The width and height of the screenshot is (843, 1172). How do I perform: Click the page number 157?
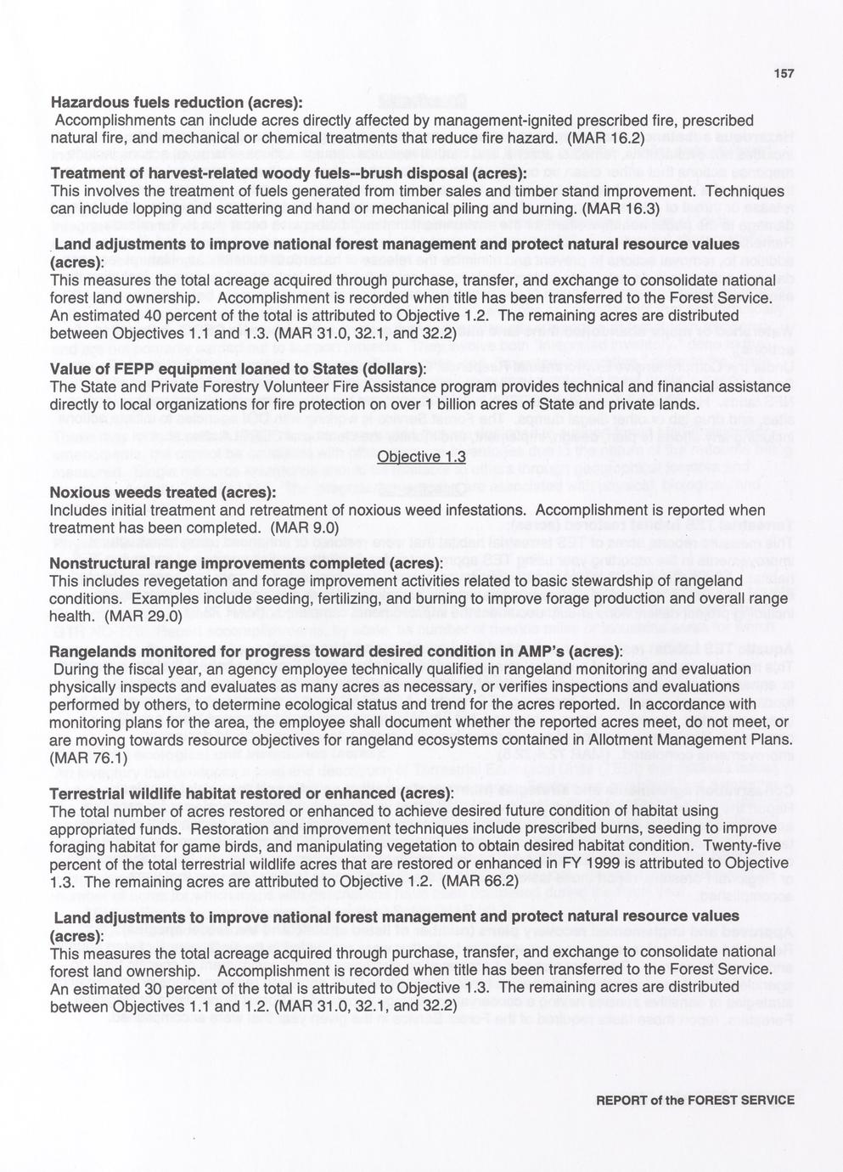(x=784, y=74)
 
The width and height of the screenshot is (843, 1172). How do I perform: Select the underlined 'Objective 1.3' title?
(x=421, y=457)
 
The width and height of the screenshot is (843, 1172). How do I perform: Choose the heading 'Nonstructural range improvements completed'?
(x=246, y=563)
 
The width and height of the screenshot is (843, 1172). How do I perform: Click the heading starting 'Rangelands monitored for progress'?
(x=336, y=651)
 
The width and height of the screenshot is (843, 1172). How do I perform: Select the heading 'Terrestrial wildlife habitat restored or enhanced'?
(x=251, y=792)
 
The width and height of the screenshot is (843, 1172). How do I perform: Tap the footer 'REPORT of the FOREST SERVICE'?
(x=695, y=1100)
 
